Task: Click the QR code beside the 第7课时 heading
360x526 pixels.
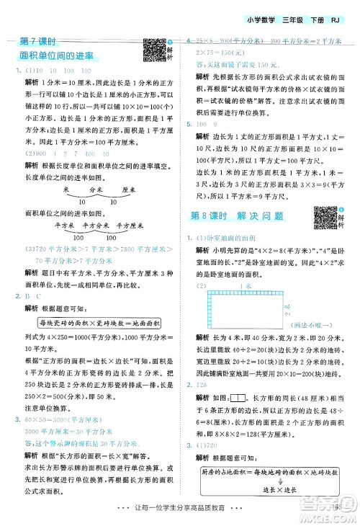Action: (x=154, y=48)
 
